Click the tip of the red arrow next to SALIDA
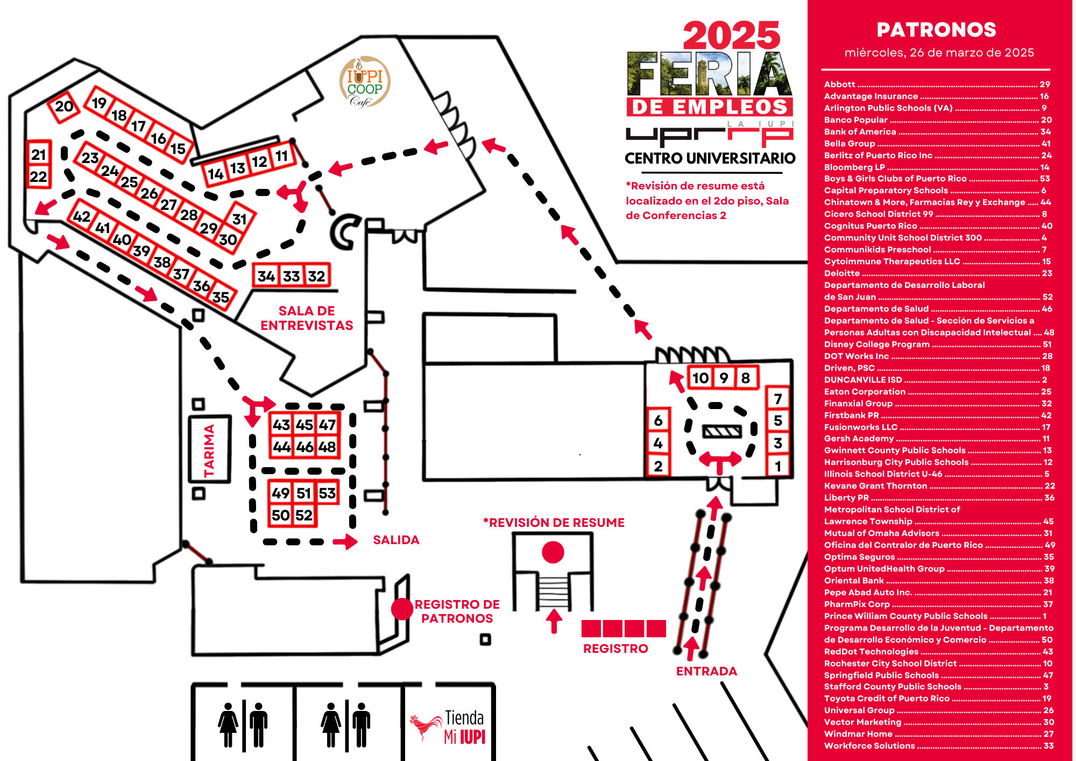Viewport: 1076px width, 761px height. click(x=358, y=541)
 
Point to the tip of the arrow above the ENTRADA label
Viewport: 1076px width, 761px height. click(x=692, y=637)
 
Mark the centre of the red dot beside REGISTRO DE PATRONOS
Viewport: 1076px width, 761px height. click(x=402, y=609)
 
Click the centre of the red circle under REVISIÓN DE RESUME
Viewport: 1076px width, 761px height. click(x=553, y=552)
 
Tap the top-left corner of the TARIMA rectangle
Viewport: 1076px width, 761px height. click(x=189, y=415)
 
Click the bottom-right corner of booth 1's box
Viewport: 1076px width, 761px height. click(x=789, y=476)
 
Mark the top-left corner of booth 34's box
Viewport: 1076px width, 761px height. click(x=253, y=264)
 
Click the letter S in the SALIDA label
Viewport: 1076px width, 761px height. click(x=377, y=540)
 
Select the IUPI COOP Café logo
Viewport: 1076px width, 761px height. click(x=364, y=82)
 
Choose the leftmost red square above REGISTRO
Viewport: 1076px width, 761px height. click(x=591, y=629)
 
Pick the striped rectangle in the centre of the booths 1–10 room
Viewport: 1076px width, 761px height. click(x=722, y=431)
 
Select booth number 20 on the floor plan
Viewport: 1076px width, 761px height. click(x=64, y=107)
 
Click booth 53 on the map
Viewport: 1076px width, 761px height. click(x=327, y=493)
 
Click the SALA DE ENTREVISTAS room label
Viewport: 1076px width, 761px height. click(x=307, y=318)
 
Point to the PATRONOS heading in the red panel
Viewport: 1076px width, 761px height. click(x=936, y=30)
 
